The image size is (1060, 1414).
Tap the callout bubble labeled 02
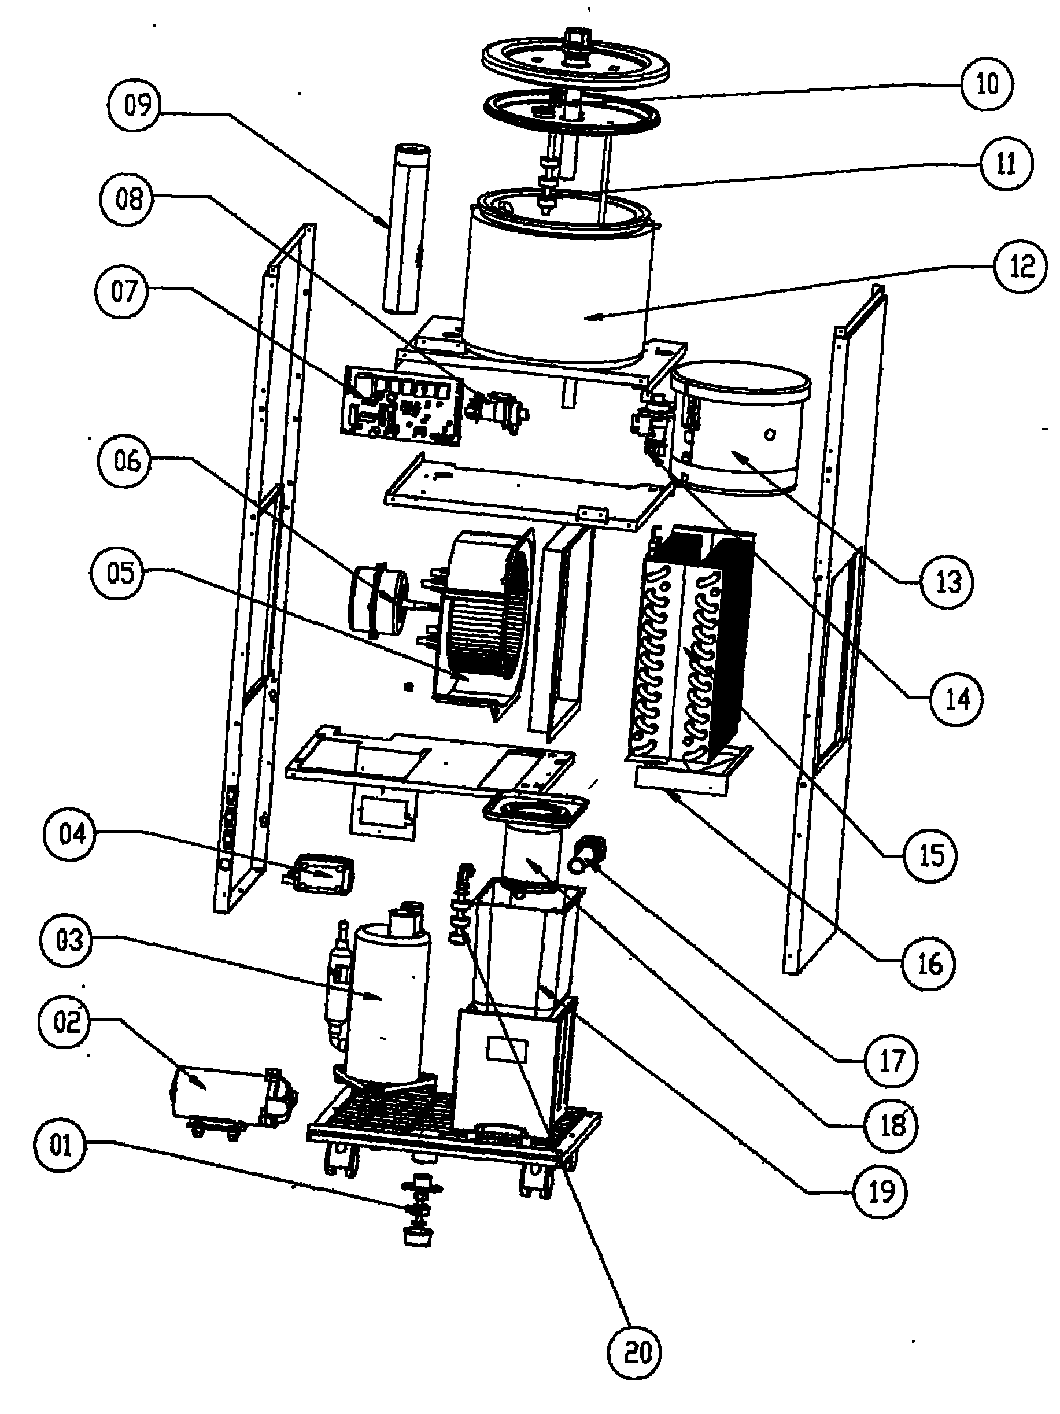point(67,1021)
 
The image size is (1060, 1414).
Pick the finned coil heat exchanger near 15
point(690,645)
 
